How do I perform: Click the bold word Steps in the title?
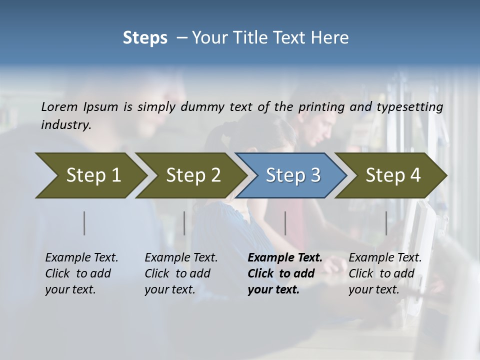click(x=145, y=38)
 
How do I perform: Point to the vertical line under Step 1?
click(x=84, y=223)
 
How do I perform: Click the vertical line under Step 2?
click(x=184, y=223)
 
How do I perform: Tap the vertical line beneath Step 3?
click(x=285, y=223)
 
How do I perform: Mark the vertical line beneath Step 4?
click(x=386, y=223)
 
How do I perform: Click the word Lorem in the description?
click(x=59, y=106)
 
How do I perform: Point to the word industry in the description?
click(x=66, y=124)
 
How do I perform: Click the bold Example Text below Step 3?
click(x=285, y=258)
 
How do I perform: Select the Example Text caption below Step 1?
click(x=81, y=258)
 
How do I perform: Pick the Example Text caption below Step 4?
click(x=385, y=258)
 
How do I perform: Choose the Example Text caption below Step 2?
click(x=181, y=258)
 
